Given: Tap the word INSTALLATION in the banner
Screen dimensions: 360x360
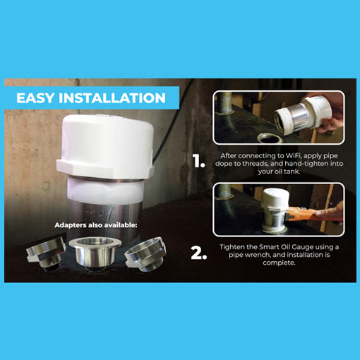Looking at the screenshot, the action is [x=112, y=97].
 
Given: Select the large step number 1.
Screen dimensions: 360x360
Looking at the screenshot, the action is [x=199, y=161].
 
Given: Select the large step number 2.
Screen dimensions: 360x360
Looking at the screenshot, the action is [x=199, y=253].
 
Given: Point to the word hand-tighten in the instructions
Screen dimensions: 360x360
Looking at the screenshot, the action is [x=306, y=164].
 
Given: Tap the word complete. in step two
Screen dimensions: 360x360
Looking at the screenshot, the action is [x=279, y=263].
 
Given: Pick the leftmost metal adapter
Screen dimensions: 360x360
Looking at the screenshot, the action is [x=45, y=253].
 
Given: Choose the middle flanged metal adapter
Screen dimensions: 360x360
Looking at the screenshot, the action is [x=95, y=252].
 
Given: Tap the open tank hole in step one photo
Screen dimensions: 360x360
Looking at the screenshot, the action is [x=270, y=138].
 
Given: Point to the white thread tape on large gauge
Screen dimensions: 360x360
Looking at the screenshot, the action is [x=106, y=191].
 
